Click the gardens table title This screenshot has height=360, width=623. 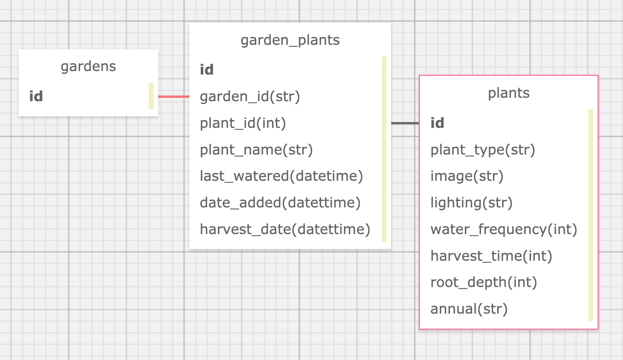(x=88, y=66)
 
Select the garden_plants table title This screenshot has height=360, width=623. (x=290, y=40)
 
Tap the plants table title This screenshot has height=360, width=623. (x=508, y=93)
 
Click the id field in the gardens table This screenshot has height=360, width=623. (x=36, y=96)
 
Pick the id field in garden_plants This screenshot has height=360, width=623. (x=207, y=70)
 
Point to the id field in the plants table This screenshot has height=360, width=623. (x=437, y=123)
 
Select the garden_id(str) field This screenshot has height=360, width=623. (x=250, y=96)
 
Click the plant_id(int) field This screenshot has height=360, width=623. (x=243, y=123)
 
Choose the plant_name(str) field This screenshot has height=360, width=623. (x=256, y=149)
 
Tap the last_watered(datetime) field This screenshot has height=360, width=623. (x=281, y=176)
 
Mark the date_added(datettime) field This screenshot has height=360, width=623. (x=280, y=203)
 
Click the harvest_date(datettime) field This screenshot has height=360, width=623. (x=285, y=229)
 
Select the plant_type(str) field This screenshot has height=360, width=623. (x=482, y=149)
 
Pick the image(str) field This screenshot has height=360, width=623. (x=467, y=176)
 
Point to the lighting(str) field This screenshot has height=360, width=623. (x=471, y=203)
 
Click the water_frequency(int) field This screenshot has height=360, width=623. (x=504, y=229)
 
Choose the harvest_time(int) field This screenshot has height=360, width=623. (x=491, y=256)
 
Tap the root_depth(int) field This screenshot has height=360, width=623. (x=484, y=282)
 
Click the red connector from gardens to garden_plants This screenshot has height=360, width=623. (x=174, y=97)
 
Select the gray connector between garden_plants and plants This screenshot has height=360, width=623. (x=405, y=123)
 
